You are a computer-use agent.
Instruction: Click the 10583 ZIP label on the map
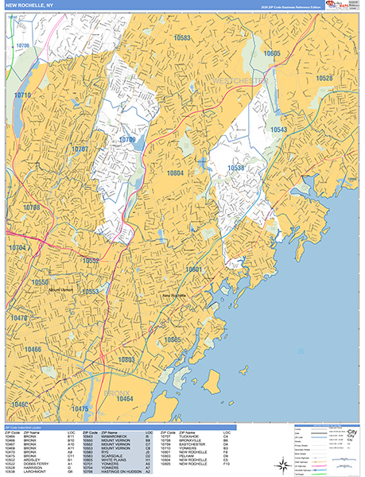182,37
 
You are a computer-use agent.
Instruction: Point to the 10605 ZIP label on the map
272,53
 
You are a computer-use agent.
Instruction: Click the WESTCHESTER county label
243,81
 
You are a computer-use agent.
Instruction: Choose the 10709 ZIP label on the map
127,140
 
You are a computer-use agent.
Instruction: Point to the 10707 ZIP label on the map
80,149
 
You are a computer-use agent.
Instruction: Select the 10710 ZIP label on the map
22,95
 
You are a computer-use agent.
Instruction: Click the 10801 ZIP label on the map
194,270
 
